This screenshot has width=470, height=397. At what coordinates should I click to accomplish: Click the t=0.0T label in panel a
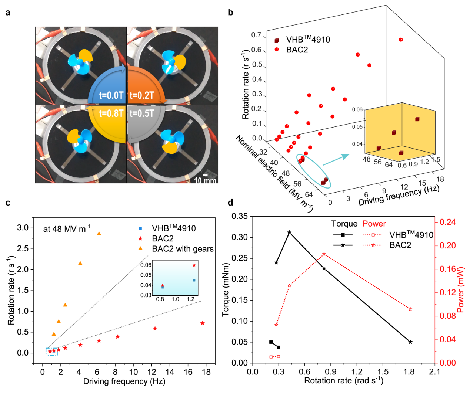pos(111,95)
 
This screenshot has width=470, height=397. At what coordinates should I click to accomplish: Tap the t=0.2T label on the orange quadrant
pos(142,95)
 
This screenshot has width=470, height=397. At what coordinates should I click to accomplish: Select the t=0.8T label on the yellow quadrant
pos(111,113)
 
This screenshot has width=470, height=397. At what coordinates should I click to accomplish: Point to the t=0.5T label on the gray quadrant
pos(142,113)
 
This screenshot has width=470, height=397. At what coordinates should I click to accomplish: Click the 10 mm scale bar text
pos(205,181)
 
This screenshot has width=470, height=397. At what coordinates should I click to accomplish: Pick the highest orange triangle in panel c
pos(99,233)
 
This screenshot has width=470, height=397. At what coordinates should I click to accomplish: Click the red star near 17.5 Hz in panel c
pos(203,323)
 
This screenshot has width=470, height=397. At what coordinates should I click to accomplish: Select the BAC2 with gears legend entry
pos(183,249)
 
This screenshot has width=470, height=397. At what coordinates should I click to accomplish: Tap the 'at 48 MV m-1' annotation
pos(67,228)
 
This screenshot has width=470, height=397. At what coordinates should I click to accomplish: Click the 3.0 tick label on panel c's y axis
pos(23,228)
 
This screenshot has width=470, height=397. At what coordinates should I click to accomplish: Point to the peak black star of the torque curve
pos(290,232)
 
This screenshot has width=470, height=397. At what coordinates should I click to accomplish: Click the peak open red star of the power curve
pos(324,254)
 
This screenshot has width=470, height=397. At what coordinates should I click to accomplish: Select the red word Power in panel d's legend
pos(374,224)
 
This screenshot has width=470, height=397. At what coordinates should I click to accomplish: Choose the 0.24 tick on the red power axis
pos(448,222)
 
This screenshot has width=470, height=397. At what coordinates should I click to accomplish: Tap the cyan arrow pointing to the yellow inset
pos(336,160)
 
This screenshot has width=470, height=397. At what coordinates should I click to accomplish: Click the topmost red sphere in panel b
pos(401,40)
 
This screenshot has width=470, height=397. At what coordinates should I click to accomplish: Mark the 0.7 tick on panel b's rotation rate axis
pos(257,35)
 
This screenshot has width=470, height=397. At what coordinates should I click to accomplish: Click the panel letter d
pos(231,202)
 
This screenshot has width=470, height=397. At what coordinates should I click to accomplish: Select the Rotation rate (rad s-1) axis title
pos(344,380)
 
